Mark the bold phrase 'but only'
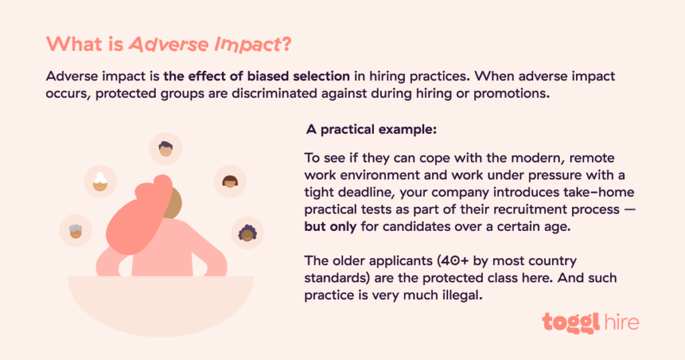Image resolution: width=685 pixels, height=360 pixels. (x=330, y=228)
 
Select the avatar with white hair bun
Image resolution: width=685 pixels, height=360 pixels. (x=100, y=181)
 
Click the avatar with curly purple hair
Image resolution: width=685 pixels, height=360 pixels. (x=246, y=232)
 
